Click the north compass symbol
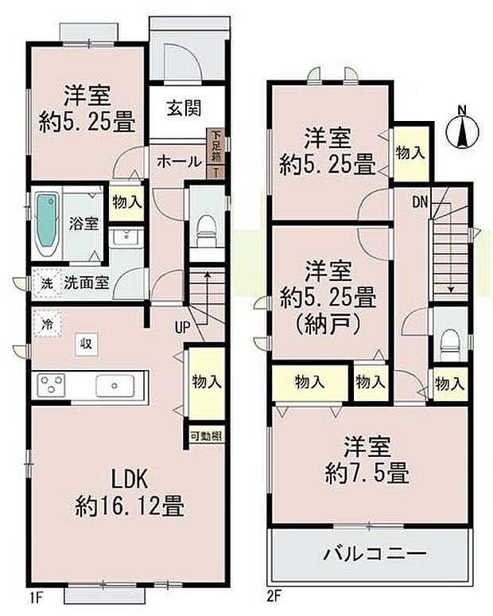point(462,128)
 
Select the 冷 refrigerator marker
point(47,324)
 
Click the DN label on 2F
point(421,201)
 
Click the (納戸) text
point(328,324)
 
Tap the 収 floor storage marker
point(83,343)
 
